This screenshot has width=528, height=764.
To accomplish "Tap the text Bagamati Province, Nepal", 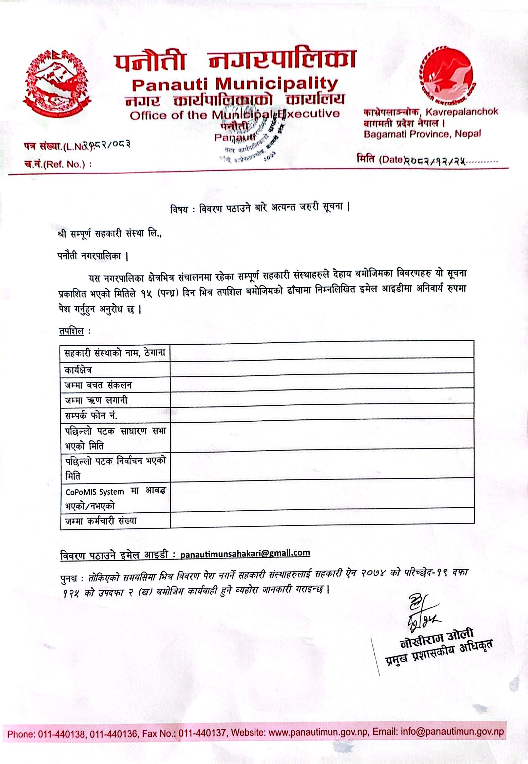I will tap(422, 134).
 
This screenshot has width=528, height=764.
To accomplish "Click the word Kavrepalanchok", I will tap(462, 112).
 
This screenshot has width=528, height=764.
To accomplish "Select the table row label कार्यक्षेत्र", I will tap(78, 370).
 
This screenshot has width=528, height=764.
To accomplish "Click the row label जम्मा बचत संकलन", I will tap(98, 385).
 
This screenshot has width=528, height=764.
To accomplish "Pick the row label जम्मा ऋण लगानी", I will tap(96, 400).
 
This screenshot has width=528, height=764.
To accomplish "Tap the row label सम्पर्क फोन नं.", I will tap(91, 416).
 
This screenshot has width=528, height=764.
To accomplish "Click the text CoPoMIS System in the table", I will tap(95, 492).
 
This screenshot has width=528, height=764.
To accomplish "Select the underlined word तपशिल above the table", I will tap(71, 331).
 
